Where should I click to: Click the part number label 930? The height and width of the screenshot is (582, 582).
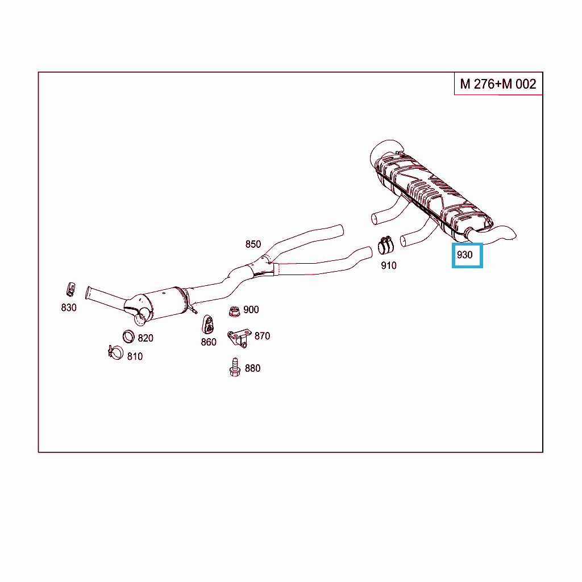(464, 255)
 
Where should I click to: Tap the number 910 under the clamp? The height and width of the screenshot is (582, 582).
(389, 266)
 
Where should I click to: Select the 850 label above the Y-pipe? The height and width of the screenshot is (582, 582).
(253, 244)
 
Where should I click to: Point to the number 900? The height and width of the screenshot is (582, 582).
(251, 310)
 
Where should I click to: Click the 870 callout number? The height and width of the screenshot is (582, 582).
(262, 336)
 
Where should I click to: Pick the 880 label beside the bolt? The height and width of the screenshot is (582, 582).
(252, 368)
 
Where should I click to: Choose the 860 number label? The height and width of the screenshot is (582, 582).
(209, 342)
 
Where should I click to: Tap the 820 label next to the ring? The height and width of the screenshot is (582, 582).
(145, 338)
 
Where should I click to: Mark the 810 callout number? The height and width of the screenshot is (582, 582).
(135, 357)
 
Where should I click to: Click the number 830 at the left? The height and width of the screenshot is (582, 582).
(69, 307)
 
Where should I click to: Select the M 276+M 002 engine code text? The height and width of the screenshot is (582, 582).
(498, 84)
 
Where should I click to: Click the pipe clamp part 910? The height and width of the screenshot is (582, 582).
(386, 245)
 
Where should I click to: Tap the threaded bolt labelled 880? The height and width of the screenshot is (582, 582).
(235, 368)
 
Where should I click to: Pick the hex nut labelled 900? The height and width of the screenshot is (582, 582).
(234, 311)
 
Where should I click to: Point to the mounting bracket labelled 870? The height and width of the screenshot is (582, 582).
(239, 338)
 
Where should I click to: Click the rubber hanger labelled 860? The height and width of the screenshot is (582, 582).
(208, 325)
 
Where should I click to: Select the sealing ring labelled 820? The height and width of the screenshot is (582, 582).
(128, 336)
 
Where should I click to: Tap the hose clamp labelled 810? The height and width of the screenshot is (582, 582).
(115, 352)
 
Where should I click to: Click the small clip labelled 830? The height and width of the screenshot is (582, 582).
(70, 289)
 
